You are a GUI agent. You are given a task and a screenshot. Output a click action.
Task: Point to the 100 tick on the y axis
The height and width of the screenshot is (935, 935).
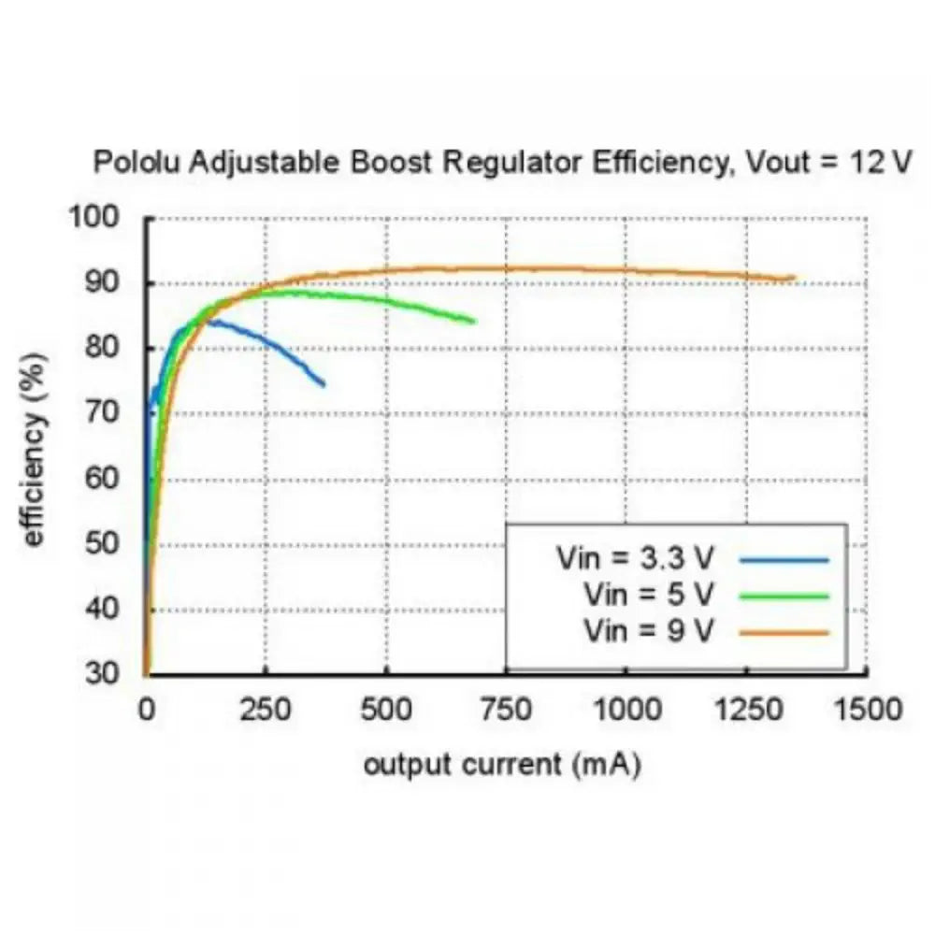tap(98, 218)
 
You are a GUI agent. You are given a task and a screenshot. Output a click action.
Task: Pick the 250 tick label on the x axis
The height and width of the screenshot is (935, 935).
tap(266, 710)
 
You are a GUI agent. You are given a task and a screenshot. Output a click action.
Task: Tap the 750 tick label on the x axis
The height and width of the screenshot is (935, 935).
tap(506, 710)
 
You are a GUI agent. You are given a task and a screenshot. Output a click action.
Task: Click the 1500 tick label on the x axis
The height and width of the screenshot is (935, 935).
tap(867, 710)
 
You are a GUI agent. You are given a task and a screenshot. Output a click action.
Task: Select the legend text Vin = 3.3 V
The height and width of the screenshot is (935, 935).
tap(635, 560)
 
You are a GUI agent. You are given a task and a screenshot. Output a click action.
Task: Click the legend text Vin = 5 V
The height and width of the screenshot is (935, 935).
tap(648, 595)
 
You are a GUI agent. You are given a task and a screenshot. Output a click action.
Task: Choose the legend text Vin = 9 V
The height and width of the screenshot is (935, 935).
tap(648, 629)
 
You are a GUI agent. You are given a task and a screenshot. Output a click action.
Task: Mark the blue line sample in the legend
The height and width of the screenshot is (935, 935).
tap(784, 561)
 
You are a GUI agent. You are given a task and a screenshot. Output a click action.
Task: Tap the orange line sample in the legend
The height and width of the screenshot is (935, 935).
tap(784, 632)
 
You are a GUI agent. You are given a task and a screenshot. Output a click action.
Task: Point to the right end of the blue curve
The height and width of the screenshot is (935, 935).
tap(324, 384)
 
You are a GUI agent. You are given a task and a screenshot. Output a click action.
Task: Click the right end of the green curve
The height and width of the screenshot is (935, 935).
tap(474, 322)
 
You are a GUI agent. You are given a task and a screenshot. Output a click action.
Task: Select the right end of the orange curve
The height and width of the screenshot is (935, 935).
tap(794, 278)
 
